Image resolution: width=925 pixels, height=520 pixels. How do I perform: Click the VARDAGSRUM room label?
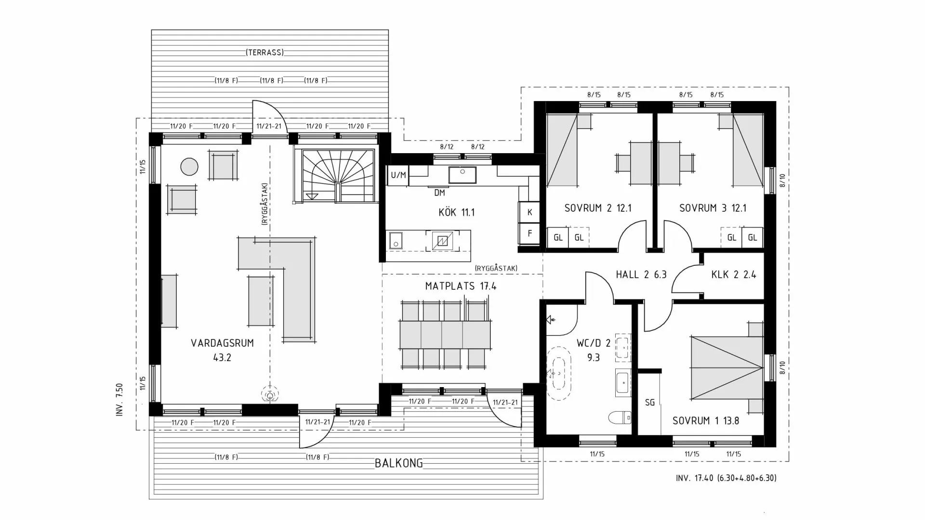click(x=222, y=343)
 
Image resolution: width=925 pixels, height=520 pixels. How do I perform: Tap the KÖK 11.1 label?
click(x=456, y=212)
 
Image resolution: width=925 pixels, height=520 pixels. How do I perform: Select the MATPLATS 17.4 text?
click(x=461, y=286)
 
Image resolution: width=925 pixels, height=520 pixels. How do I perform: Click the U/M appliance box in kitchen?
click(x=398, y=175)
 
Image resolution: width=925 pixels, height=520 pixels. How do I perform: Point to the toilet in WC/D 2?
click(x=620, y=417)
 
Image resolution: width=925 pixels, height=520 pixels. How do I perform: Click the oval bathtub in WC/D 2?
click(x=559, y=373)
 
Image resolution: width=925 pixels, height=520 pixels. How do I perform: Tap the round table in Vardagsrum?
click(x=189, y=167)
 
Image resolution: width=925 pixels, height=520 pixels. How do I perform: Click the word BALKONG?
click(x=399, y=463)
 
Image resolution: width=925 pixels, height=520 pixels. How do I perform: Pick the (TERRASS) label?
click(x=264, y=52)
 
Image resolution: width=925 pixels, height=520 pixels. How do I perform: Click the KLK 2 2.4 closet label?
click(x=733, y=275)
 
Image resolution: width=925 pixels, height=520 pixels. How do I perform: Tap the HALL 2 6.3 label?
click(x=641, y=275)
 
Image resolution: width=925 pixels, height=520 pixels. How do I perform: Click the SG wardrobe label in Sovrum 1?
click(x=649, y=402)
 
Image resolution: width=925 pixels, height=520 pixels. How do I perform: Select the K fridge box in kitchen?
click(x=529, y=212)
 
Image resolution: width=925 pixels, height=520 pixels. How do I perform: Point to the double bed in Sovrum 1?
click(x=727, y=367)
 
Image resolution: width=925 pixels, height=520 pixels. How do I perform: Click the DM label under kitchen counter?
click(x=439, y=193)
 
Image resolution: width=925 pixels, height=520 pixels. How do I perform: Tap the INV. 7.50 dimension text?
click(x=119, y=400)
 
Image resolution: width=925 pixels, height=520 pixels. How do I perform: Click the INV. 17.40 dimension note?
click(x=726, y=478)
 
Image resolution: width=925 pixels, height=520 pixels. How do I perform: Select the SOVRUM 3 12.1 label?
click(x=713, y=208)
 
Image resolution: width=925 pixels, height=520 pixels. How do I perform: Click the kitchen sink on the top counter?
click(x=462, y=175)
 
